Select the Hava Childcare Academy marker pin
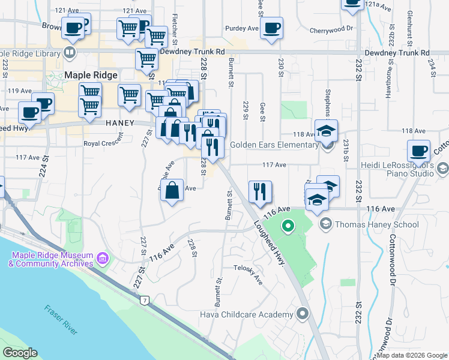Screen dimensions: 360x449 tap(303, 314)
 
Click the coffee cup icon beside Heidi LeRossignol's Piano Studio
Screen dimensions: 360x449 tap(418, 151)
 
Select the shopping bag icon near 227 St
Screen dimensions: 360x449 tap(172, 190)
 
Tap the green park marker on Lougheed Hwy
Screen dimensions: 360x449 tap(288, 226)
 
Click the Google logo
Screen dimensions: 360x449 tap(20, 352)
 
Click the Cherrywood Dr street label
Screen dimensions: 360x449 tap(331, 29)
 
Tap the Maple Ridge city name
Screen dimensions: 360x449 tap(89, 75)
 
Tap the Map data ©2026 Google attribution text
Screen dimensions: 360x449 tap(412, 355)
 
